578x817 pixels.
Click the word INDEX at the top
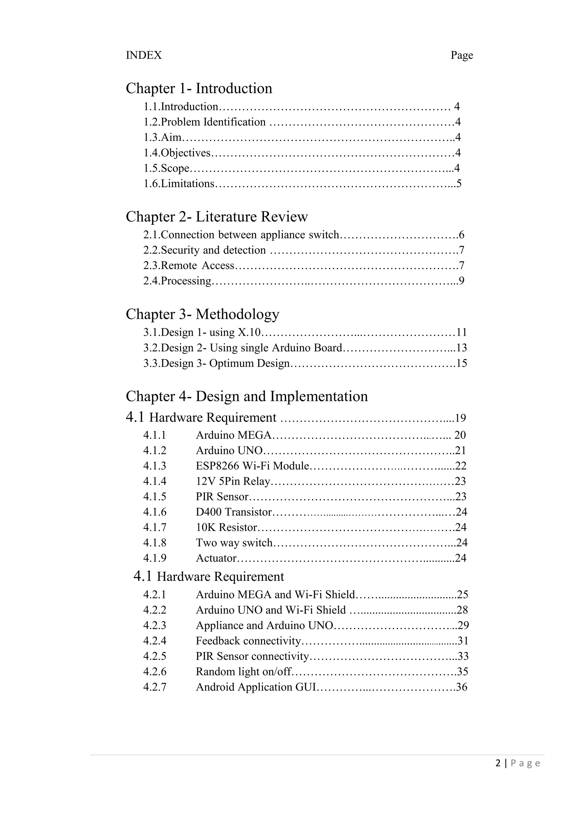pyautogui.click(x=144, y=55)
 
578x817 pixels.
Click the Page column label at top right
pyautogui.click(x=462, y=55)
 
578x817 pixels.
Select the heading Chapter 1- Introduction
pyautogui.click(x=199, y=88)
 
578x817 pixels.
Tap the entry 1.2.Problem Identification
pyautogui.click(x=205, y=122)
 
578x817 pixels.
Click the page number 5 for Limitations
pyautogui.click(x=459, y=184)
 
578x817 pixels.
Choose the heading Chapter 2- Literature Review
pyautogui.click(x=217, y=217)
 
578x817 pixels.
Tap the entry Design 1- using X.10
pyautogui.click(x=202, y=332)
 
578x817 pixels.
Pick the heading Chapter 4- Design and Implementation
pyautogui.click(x=247, y=396)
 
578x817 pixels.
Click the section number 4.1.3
pyautogui.click(x=155, y=466)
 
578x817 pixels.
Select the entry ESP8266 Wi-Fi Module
pyautogui.click(x=252, y=466)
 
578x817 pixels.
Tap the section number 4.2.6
pyautogui.click(x=155, y=671)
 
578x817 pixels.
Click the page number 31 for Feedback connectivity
pyautogui.click(x=463, y=641)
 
